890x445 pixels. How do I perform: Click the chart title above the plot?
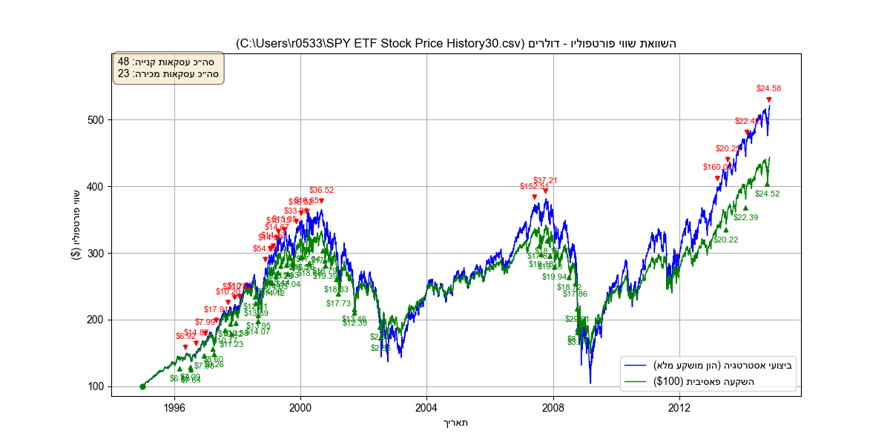(x=456, y=44)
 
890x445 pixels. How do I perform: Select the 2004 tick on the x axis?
(x=426, y=408)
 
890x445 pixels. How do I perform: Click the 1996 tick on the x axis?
(x=174, y=408)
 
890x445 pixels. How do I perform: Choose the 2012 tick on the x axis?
(x=679, y=408)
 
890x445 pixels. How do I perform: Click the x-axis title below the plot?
(x=456, y=423)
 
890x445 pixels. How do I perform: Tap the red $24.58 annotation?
(x=768, y=88)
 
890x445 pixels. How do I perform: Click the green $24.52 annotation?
(x=767, y=194)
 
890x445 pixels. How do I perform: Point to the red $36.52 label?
(x=321, y=190)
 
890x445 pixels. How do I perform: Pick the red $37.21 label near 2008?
(x=545, y=180)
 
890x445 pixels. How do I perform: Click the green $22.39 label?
(x=745, y=217)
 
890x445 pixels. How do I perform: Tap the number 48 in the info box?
(x=123, y=62)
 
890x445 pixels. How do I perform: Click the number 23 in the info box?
(x=123, y=73)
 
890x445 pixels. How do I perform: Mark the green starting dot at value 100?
(x=142, y=386)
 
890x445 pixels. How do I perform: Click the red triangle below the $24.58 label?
(x=769, y=99)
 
